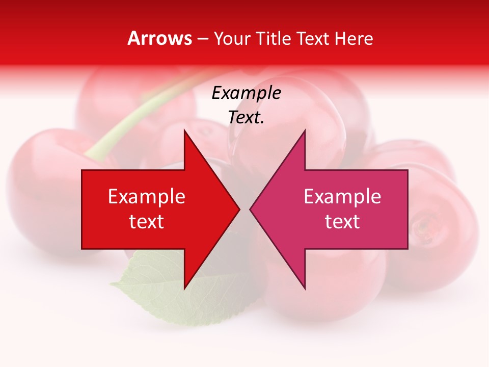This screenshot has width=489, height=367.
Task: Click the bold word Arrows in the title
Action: pyautogui.click(x=160, y=38)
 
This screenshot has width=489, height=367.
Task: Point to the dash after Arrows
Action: pyautogui.click(x=203, y=39)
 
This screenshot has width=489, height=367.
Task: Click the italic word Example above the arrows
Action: pyautogui.click(x=246, y=93)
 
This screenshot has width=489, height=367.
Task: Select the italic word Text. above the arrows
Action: pyautogui.click(x=246, y=117)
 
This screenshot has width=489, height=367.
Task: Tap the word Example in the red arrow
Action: pyautogui.click(x=147, y=197)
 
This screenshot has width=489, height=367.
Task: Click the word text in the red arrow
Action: pyautogui.click(x=147, y=222)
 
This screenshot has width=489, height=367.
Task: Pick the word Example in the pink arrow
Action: pyautogui.click(x=342, y=197)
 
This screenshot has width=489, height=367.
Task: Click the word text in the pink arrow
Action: pyautogui.click(x=342, y=222)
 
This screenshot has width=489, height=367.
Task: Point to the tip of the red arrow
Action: pyautogui.click(x=238, y=209)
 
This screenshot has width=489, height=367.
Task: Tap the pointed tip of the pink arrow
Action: pyautogui.click(x=251, y=209)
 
